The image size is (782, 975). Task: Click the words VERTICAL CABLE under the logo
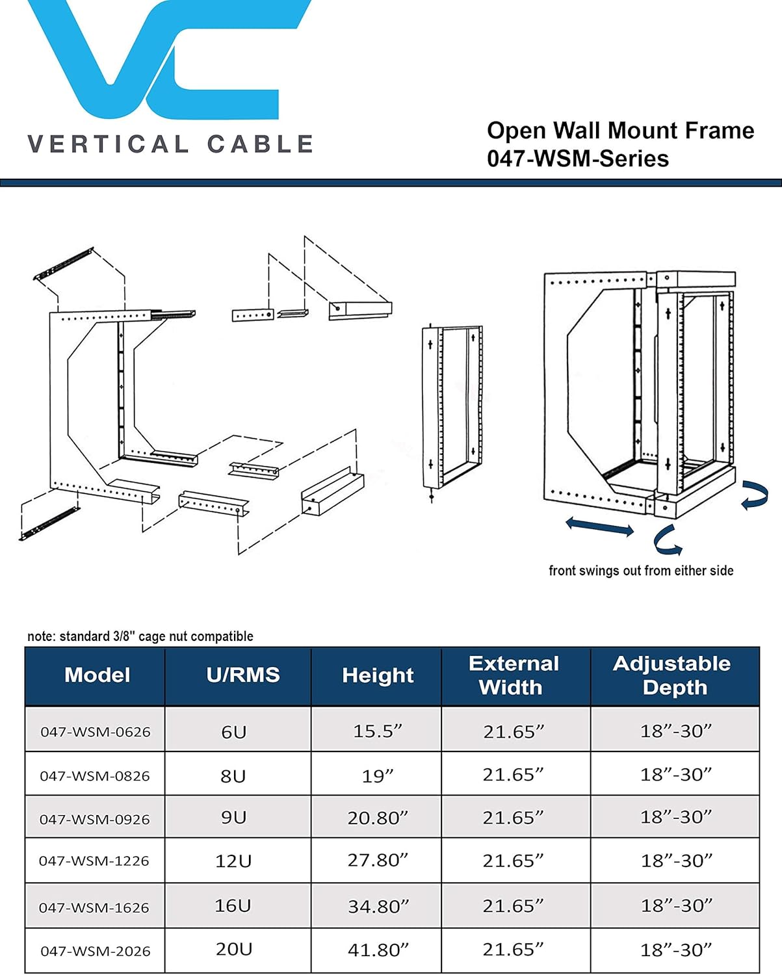(170, 144)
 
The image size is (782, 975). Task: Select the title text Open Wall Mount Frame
(620, 131)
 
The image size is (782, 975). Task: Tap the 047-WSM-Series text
(577, 159)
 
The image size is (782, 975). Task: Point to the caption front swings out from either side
(640, 571)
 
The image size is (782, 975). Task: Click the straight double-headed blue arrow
(599, 526)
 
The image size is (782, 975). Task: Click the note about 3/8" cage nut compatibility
(140, 636)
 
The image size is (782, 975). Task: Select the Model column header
(97, 675)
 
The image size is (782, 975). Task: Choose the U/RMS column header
(242, 675)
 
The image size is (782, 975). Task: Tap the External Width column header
(513, 675)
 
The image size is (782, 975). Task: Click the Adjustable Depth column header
(673, 675)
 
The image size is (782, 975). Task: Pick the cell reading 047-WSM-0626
(95, 732)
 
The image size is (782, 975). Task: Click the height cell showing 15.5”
(378, 731)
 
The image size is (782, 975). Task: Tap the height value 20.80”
(378, 818)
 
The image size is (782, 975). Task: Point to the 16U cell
(233, 905)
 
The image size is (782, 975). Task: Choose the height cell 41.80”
(378, 950)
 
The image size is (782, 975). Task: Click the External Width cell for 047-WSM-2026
(513, 950)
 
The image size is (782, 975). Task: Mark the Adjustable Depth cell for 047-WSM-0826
(676, 775)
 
